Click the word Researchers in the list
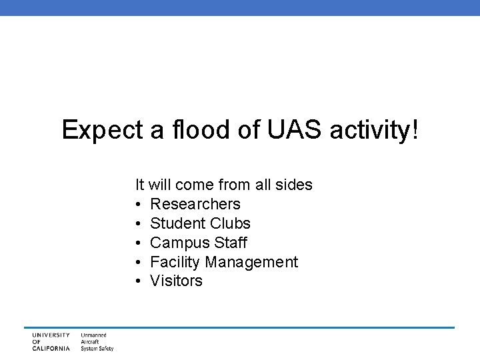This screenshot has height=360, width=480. [x=195, y=203]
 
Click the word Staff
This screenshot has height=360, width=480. [x=229, y=242]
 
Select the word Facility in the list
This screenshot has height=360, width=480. [x=174, y=261]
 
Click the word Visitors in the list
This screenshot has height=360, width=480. [x=176, y=281]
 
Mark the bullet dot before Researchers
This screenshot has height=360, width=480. [x=138, y=204]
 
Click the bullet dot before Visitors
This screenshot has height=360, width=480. [x=138, y=281]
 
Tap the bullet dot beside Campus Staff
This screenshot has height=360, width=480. [x=138, y=243]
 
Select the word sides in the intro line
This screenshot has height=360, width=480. [x=294, y=184]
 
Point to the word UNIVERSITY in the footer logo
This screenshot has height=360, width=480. [x=51, y=335]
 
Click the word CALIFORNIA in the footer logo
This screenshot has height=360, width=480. [x=51, y=348]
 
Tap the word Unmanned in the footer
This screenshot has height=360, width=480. [x=94, y=335]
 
